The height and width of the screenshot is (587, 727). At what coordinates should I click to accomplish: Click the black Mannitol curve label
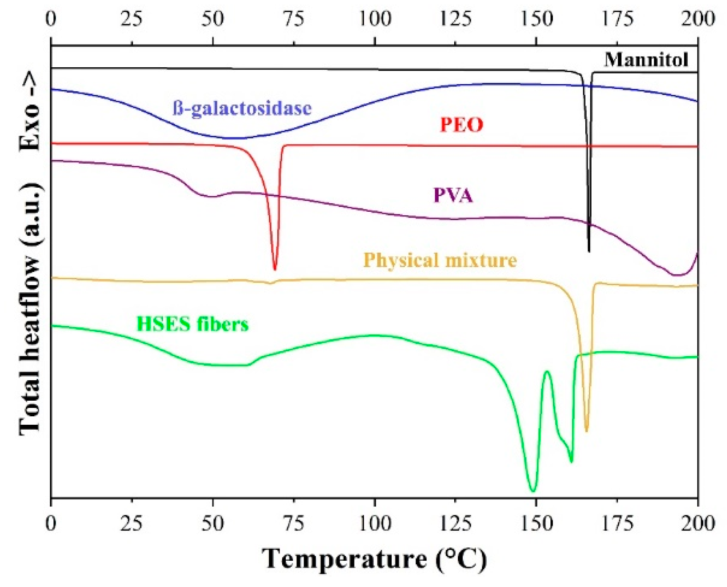click(x=646, y=60)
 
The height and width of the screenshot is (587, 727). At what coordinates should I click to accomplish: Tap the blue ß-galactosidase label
click(x=242, y=108)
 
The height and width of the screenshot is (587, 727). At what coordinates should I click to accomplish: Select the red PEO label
click(x=461, y=125)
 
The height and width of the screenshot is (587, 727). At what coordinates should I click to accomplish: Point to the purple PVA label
click(x=452, y=195)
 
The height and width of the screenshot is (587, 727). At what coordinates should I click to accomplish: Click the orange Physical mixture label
click(x=440, y=260)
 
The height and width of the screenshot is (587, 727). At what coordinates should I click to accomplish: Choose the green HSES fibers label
click(x=192, y=324)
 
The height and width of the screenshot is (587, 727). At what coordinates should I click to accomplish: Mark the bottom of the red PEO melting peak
click(x=275, y=269)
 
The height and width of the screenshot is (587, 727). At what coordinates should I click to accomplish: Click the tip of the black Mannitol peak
click(x=589, y=251)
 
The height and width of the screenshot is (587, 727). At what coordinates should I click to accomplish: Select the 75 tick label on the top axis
click(x=294, y=19)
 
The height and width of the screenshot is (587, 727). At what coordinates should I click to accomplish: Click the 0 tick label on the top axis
click(x=52, y=19)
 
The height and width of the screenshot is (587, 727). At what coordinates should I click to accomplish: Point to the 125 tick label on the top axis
click(x=455, y=19)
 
